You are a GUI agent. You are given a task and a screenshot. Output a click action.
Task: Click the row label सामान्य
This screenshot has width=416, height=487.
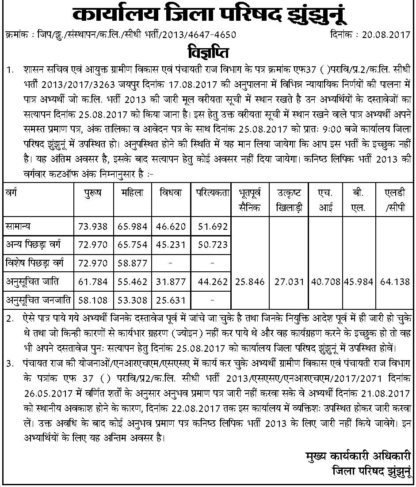click(x=18, y=227)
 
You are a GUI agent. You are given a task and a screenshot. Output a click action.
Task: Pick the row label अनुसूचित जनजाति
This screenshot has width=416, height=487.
click(x=38, y=300)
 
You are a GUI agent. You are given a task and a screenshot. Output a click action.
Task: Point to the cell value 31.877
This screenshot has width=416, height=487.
click(x=171, y=282)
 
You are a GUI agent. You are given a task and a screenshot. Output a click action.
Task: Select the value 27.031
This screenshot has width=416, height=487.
click(x=290, y=282)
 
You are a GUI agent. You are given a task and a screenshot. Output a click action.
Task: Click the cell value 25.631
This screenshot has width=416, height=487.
click(x=171, y=300)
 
